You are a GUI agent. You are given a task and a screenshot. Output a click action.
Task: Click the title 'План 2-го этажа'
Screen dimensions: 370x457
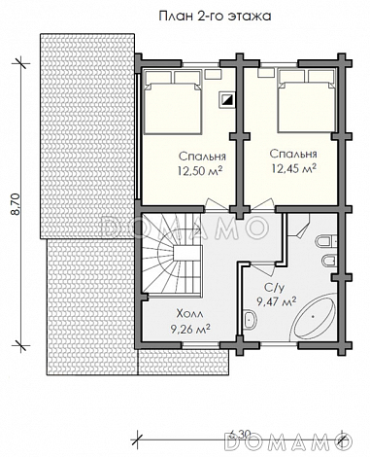click(x=215, y=17)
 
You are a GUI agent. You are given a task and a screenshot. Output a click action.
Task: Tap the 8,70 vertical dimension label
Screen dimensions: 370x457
click(x=16, y=204)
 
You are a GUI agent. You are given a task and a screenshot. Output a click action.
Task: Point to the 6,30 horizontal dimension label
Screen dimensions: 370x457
click(x=240, y=434)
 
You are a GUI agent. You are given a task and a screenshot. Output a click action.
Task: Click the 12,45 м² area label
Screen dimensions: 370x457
click(x=294, y=168)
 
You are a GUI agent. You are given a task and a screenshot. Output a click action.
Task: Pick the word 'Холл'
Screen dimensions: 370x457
click(x=190, y=314)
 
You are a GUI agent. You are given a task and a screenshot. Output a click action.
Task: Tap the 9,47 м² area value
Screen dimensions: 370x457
click(x=277, y=301)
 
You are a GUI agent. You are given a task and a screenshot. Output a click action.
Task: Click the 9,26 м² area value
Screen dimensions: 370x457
click(x=190, y=329)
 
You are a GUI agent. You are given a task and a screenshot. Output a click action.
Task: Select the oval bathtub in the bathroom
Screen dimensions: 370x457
click(x=314, y=316)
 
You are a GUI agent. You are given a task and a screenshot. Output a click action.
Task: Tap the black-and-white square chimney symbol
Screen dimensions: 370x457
click(x=226, y=99)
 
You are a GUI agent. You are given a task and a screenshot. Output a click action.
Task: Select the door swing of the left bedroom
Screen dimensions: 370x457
click(x=213, y=204)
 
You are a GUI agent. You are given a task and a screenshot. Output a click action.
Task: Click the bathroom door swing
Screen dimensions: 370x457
click(x=263, y=267)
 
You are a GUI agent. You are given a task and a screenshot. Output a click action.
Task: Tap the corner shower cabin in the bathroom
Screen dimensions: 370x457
click(x=298, y=225)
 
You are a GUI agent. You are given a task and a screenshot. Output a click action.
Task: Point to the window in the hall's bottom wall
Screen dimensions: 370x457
click(x=201, y=345)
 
